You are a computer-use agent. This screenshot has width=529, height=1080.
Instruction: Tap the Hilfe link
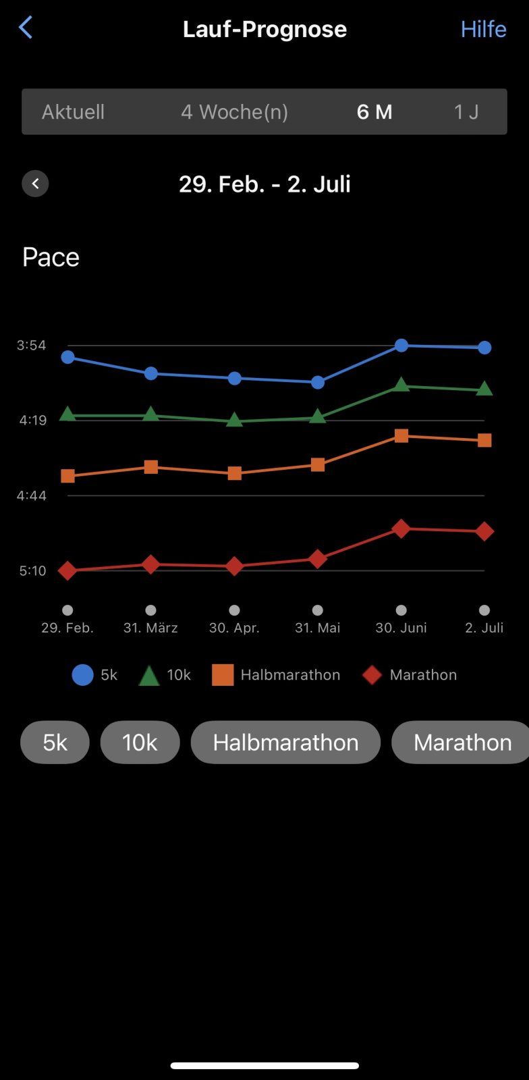(x=483, y=29)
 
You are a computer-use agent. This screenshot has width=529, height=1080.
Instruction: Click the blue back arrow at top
(x=26, y=28)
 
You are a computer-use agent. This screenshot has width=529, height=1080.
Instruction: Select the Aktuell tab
(x=73, y=112)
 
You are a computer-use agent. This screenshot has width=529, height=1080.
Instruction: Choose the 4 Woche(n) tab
(x=234, y=112)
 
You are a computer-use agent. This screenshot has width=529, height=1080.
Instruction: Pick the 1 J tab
(x=466, y=112)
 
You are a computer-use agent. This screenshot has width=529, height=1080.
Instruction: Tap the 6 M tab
(x=374, y=112)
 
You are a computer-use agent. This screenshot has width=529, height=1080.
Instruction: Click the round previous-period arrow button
(x=35, y=184)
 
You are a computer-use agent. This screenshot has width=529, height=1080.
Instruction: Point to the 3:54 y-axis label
(x=32, y=346)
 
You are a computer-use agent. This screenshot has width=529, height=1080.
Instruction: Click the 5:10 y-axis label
(x=32, y=571)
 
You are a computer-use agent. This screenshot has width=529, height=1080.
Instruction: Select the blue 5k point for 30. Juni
(x=401, y=346)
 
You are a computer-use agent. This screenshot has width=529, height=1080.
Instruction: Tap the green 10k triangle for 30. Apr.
(x=234, y=420)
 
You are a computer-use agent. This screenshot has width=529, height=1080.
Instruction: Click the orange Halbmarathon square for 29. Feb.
(x=67, y=476)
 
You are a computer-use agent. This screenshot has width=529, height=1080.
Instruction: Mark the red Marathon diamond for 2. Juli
(x=484, y=531)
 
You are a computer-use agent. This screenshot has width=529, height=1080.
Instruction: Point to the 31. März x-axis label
(x=150, y=628)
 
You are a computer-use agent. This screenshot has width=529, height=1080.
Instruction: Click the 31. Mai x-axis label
(x=317, y=628)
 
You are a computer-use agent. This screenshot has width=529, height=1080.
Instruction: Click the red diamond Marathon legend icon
(x=372, y=675)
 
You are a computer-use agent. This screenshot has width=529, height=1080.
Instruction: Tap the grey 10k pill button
(x=140, y=742)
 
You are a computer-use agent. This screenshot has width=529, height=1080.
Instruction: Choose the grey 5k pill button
(x=55, y=742)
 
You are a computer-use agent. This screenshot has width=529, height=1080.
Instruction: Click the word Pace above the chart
(x=51, y=257)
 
